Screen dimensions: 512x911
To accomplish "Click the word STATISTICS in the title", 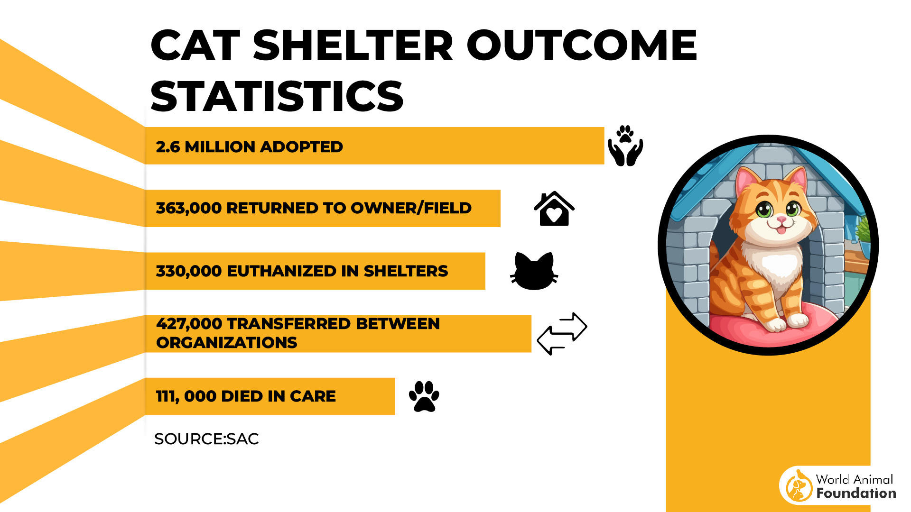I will [277, 96].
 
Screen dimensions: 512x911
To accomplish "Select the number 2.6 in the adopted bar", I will [167, 147].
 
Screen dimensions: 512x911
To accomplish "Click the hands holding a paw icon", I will [625, 146].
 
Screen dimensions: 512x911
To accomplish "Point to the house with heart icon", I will [554, 209].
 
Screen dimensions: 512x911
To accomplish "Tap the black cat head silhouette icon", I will [534, 271].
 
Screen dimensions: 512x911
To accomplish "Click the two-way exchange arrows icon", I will [562, 333].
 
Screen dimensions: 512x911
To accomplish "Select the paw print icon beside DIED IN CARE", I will [424, 396].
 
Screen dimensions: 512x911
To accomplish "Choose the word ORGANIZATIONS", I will [226, 343].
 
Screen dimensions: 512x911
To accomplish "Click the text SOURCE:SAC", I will [206, 439].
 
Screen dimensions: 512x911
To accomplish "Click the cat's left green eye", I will [763, 209].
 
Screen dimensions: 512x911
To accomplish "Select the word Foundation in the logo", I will [856, 494].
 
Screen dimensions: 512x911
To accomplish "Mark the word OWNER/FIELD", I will [411, 208].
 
